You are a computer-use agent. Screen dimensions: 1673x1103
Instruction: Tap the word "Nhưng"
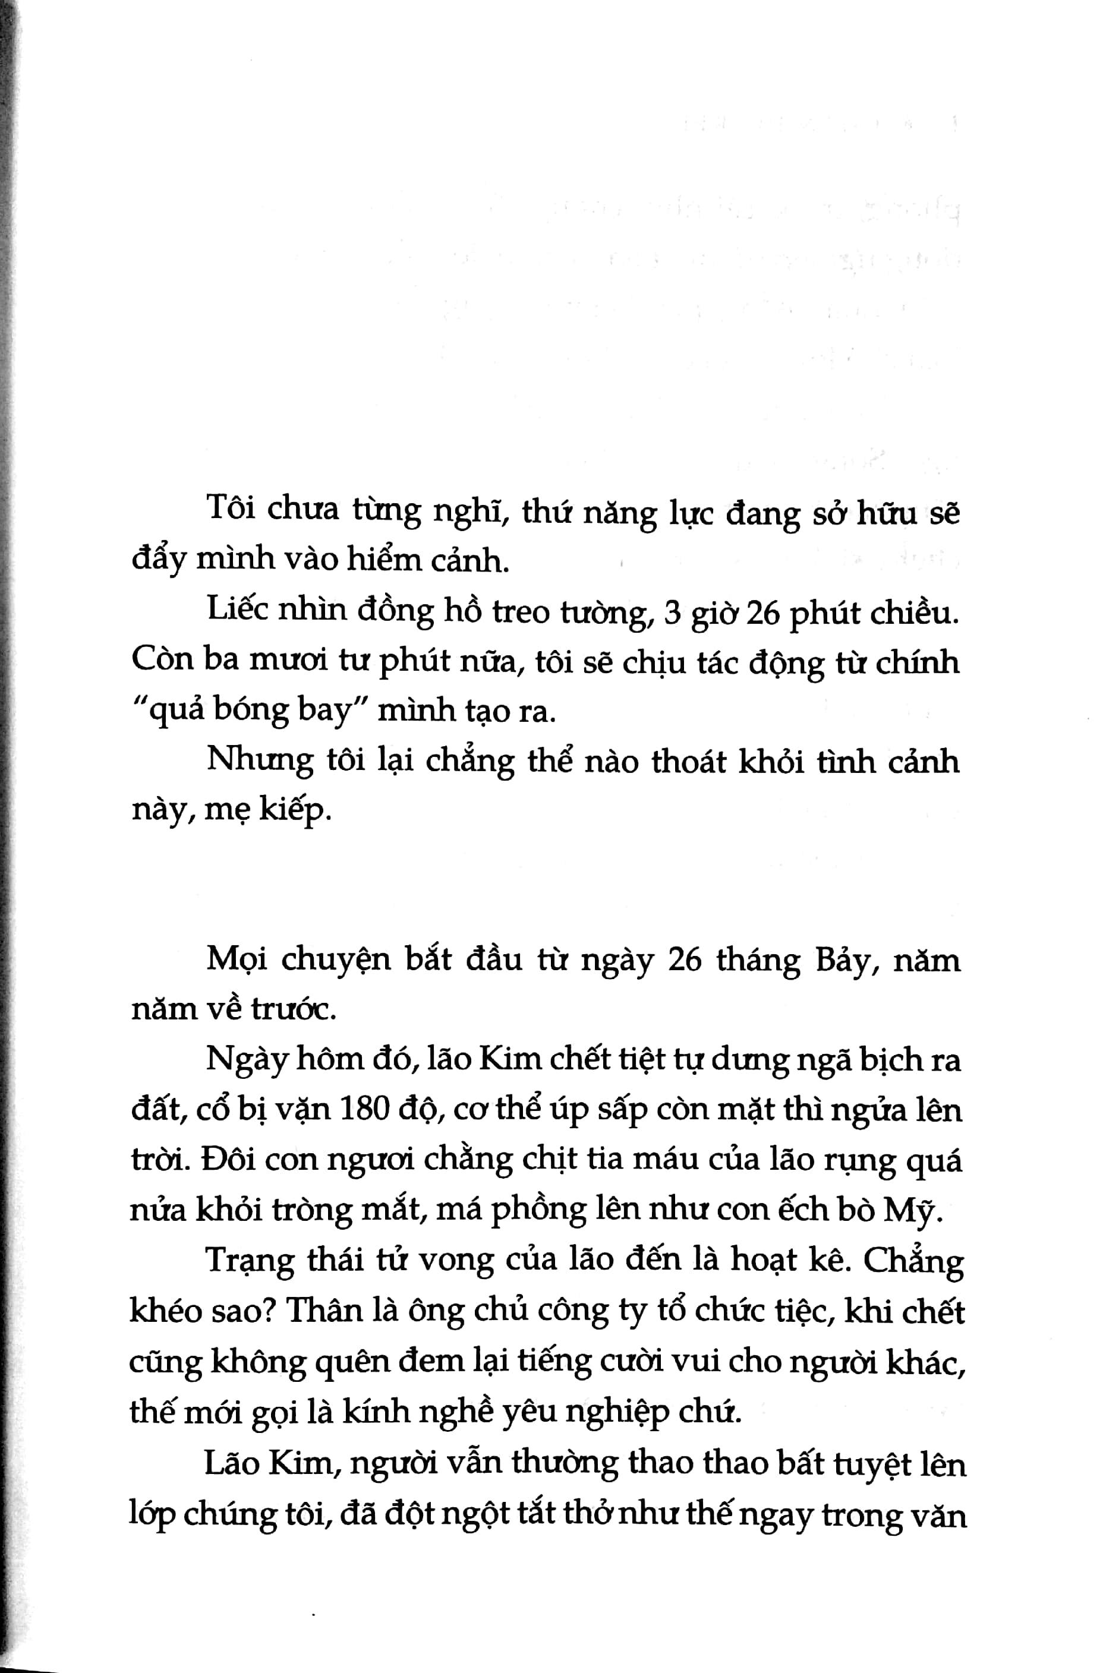(260, 762)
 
